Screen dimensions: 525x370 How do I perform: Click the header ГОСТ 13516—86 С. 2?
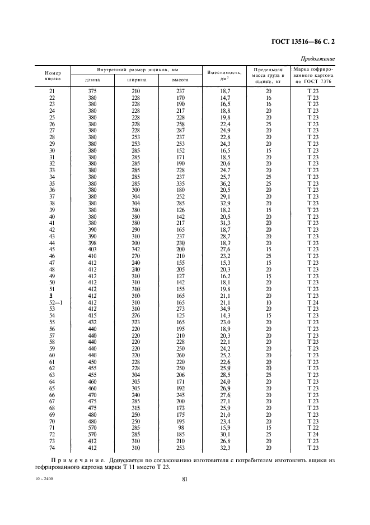click(307, 40)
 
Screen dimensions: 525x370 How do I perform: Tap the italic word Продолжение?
click(318, 58)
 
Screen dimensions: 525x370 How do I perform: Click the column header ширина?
click(135, 80)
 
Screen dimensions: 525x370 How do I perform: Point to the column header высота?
click(180, 80)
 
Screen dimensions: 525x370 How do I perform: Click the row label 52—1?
click(52, 302)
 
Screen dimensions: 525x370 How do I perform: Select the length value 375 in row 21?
click(92, 91)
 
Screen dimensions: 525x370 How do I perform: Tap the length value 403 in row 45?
click(92, 249)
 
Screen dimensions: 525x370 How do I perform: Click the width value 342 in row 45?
click(135, 249)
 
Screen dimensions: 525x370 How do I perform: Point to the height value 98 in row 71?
click(180, 427)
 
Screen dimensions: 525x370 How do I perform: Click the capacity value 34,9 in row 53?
click(224, 308)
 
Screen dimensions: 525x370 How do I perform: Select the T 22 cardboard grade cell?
click(313, 427)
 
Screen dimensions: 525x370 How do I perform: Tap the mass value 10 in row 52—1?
click(269, 302)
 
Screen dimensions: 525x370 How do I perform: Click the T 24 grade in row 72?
click(313, 434)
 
